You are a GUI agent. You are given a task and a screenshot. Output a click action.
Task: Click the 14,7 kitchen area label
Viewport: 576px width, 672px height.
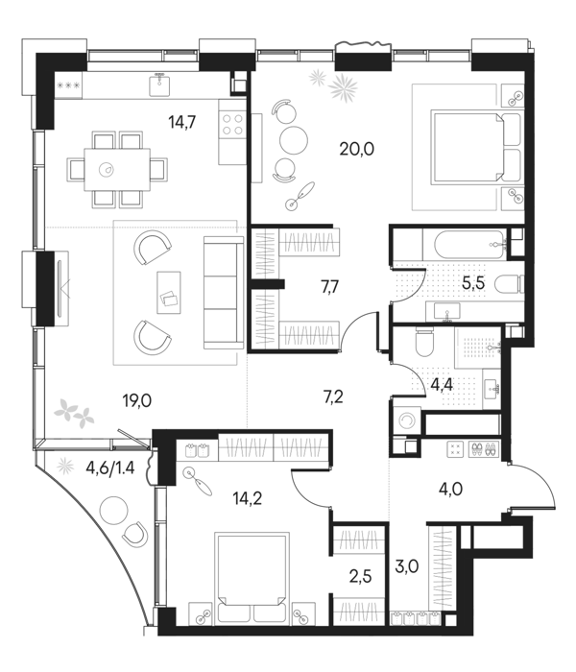coord(182,123)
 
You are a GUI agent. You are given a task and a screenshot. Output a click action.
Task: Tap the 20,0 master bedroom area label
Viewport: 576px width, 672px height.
coord(357,149)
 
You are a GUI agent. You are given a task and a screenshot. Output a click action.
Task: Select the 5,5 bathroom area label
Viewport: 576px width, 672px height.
coord(473,283)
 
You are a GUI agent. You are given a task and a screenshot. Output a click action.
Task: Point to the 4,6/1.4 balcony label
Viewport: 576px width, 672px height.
coord(110,468)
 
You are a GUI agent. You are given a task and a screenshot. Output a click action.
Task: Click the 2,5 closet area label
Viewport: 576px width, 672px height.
coord(360,576)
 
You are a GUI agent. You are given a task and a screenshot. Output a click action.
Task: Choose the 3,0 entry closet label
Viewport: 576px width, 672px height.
coord(407,566)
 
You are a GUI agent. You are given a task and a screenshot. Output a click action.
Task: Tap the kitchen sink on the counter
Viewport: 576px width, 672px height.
coord(160,84)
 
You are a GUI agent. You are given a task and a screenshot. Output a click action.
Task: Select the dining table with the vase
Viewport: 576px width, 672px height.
coord(117,170)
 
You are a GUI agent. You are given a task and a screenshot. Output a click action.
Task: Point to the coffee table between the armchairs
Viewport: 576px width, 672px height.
coord(169,292)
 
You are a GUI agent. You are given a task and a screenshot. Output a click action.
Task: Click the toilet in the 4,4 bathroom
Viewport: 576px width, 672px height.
coord(425,342)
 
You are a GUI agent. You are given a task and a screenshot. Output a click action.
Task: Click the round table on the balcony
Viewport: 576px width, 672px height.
coord(113,510)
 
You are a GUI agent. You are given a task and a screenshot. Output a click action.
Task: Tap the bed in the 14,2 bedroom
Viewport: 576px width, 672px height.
coord(252,577)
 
